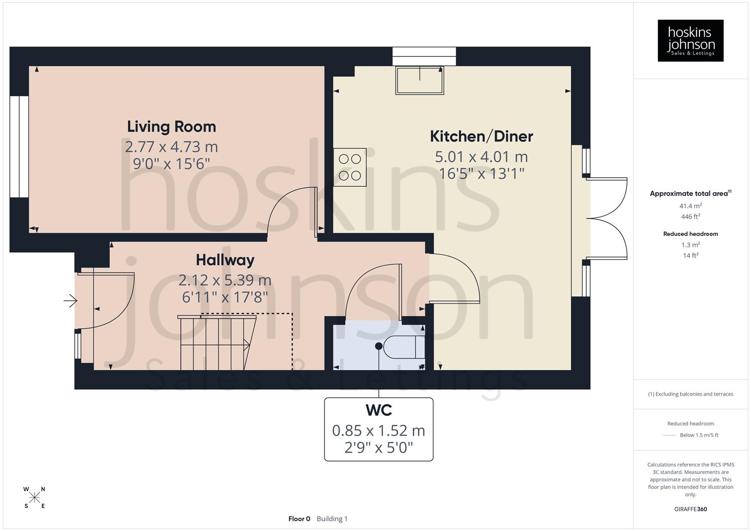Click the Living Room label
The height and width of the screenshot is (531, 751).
click(171, 127)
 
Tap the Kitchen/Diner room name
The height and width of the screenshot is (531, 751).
click(481, 136)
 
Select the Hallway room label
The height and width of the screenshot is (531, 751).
click(225, 260)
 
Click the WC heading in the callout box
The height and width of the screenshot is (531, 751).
click(378, 410)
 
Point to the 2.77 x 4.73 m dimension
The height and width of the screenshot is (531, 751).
click(171, 147)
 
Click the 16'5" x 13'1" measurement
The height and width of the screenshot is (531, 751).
click(481, 173)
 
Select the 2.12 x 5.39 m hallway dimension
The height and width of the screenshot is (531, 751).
click(225, 280)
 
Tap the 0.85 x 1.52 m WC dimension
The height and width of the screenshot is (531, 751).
click(378, 431)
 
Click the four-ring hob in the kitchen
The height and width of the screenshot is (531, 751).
click(350, 167)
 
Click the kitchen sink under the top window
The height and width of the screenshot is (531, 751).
click(420, 81)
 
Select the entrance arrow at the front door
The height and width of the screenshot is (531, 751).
click(71, 300)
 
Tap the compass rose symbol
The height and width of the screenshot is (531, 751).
click(34, 498)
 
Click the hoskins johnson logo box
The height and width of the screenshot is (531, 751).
click(690, 41)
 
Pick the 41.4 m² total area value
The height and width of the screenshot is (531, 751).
click(690, 206)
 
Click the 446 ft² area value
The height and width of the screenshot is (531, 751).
click(690, 217)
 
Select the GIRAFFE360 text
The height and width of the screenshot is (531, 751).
click(690, 509)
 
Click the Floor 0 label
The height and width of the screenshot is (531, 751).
click(299, 519)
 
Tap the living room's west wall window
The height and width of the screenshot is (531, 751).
click(19, 147)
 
